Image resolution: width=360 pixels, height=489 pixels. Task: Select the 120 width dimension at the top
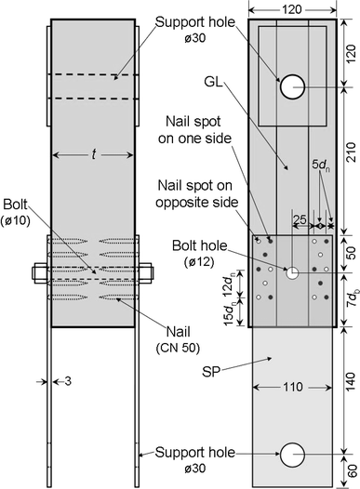pos(292,9)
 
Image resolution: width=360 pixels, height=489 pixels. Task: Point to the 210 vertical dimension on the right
pos(351,152)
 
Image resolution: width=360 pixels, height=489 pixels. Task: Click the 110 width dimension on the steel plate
pos(292,387)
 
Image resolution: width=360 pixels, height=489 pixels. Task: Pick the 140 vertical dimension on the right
pos(351,381)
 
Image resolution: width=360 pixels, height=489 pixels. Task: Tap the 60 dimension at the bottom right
pos(352,471)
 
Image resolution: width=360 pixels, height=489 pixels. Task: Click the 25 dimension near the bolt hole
pos(300,219)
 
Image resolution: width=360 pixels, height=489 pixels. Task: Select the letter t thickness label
pos(93,154)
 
